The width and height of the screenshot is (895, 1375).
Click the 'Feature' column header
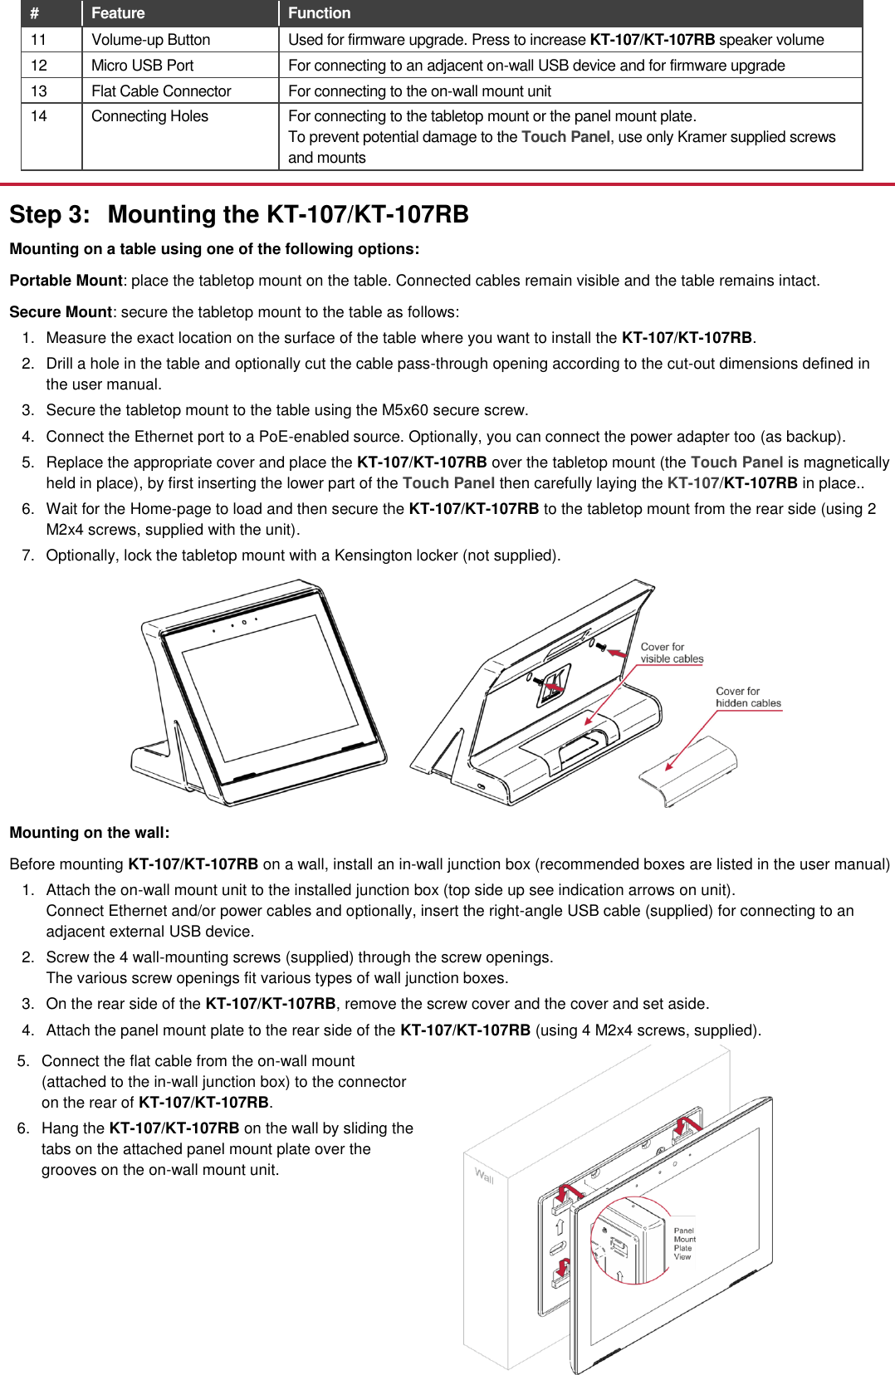pos(118,13)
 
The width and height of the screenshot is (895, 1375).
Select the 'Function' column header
pos(319,13)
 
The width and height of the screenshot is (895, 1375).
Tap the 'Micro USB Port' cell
pos(142,66)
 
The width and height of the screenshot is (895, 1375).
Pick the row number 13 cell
pos(39,91)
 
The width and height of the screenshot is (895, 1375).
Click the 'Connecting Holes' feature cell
pos(149,116)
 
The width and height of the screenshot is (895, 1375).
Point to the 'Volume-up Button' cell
pos(150,40)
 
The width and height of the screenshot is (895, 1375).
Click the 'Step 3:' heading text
pos(49,214)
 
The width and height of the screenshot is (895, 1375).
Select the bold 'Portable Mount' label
pos(66,281)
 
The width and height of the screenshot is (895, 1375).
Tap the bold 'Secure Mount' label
pos(60,312)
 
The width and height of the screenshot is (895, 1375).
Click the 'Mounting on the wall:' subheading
pos(89,833)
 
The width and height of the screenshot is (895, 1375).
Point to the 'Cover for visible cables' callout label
pos(671,653)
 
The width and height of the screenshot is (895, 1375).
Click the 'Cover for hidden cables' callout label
pos(747,697)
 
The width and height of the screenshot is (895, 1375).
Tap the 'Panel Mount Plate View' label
pos(684,1244)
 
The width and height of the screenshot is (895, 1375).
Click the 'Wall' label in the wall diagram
pos(484,1176)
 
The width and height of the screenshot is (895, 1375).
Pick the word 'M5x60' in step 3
pos(403,410)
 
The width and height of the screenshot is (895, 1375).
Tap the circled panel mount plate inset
pos(628,1240)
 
